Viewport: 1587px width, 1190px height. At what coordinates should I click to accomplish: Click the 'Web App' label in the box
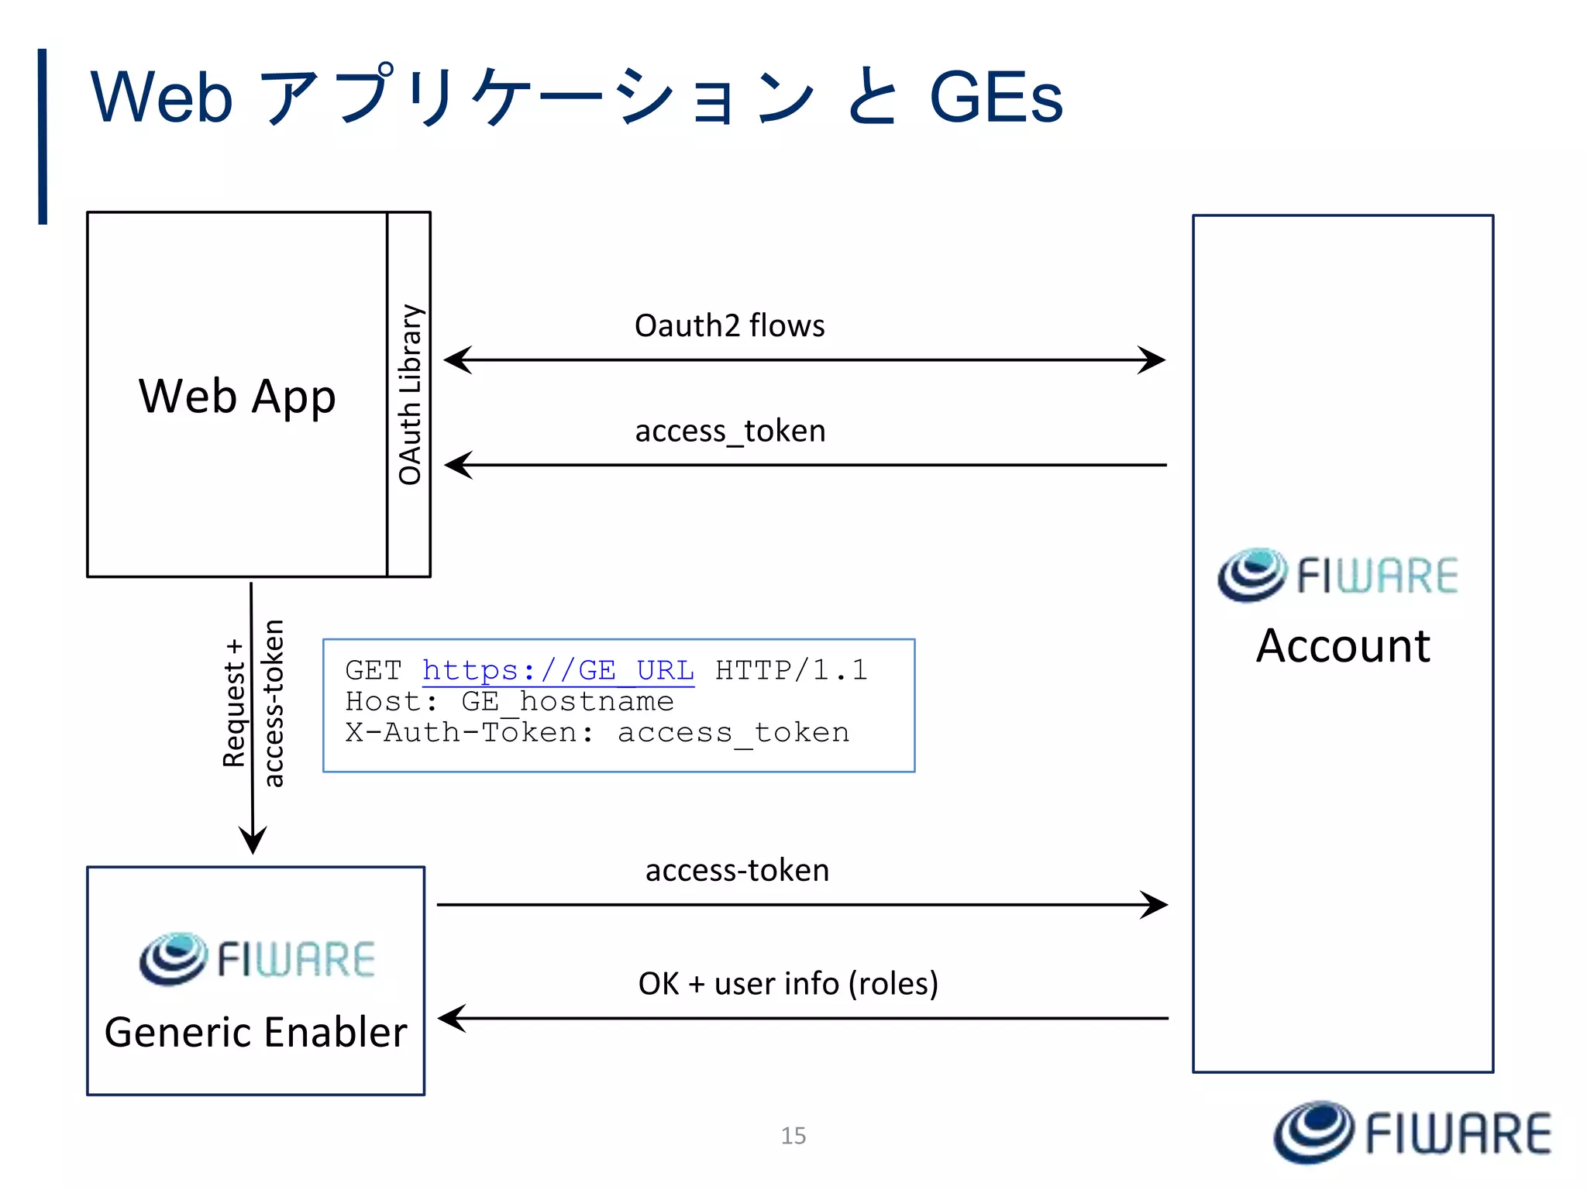237,397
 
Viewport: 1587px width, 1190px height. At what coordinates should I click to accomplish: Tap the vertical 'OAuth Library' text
410,394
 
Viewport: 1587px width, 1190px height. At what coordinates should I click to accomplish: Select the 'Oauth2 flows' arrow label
729,325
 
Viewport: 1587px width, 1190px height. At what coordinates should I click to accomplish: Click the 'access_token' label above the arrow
730,431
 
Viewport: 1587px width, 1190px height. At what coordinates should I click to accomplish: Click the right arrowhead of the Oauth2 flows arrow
1152,359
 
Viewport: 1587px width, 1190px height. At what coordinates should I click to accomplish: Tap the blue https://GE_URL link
558,670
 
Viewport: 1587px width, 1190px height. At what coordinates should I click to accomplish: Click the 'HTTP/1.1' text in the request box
790,670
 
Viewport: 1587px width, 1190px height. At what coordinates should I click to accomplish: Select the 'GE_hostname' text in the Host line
567,701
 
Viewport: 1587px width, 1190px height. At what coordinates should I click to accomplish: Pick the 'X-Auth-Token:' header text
470,732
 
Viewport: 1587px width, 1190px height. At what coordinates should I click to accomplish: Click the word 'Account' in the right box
1343,645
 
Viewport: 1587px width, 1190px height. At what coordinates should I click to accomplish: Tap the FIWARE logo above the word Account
1337,575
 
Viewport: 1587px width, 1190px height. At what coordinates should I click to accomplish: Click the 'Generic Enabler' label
256,1032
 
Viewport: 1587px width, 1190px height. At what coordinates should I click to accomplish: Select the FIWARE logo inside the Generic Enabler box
257,958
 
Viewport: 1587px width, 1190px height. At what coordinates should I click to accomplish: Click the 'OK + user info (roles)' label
788,983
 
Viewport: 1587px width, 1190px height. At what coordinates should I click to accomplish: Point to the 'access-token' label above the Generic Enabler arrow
737,870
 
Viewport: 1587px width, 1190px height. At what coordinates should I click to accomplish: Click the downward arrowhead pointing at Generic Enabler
253,841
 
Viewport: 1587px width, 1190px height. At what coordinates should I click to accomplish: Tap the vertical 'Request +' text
234,703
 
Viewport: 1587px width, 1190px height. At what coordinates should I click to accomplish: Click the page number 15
793,1136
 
